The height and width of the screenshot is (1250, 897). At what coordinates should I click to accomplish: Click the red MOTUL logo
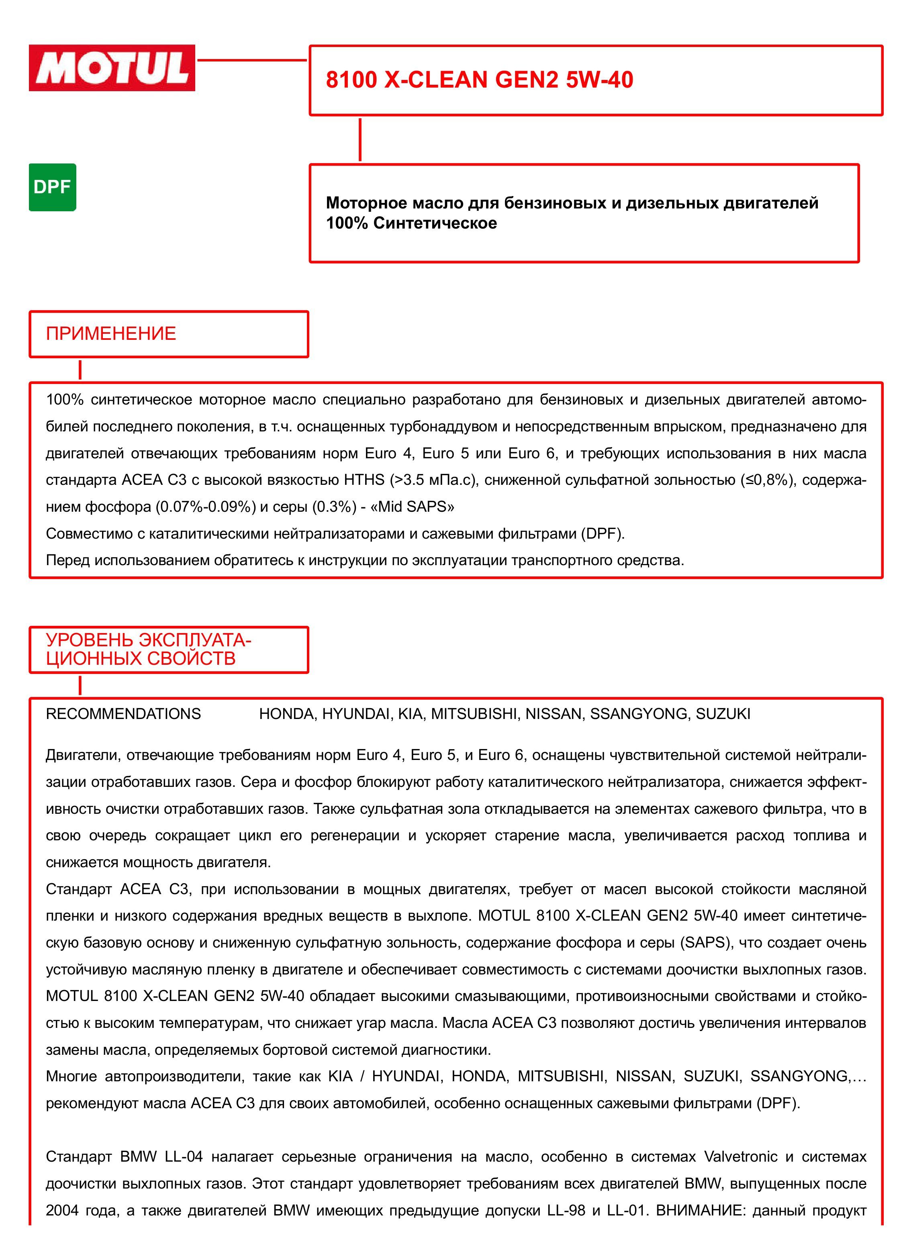pos(112,68)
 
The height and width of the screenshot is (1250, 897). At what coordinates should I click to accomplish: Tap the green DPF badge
pos(52,188)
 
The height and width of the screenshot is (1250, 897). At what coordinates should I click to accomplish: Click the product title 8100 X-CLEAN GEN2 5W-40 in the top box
pos(479,80)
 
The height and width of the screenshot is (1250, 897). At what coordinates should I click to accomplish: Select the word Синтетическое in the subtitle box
pos(435,223)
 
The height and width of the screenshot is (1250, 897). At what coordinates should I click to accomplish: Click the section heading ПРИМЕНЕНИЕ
pos(111,333)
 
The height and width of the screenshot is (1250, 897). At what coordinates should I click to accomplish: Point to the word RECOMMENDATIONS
pos(123,714)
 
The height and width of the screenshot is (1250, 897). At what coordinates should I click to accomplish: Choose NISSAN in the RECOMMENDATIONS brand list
pos(553,714)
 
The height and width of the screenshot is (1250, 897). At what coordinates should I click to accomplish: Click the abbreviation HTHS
pos(364,480)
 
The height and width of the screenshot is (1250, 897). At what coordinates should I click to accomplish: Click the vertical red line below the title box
pos(360,139)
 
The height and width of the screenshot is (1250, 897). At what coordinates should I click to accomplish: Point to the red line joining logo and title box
pos(251,59)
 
